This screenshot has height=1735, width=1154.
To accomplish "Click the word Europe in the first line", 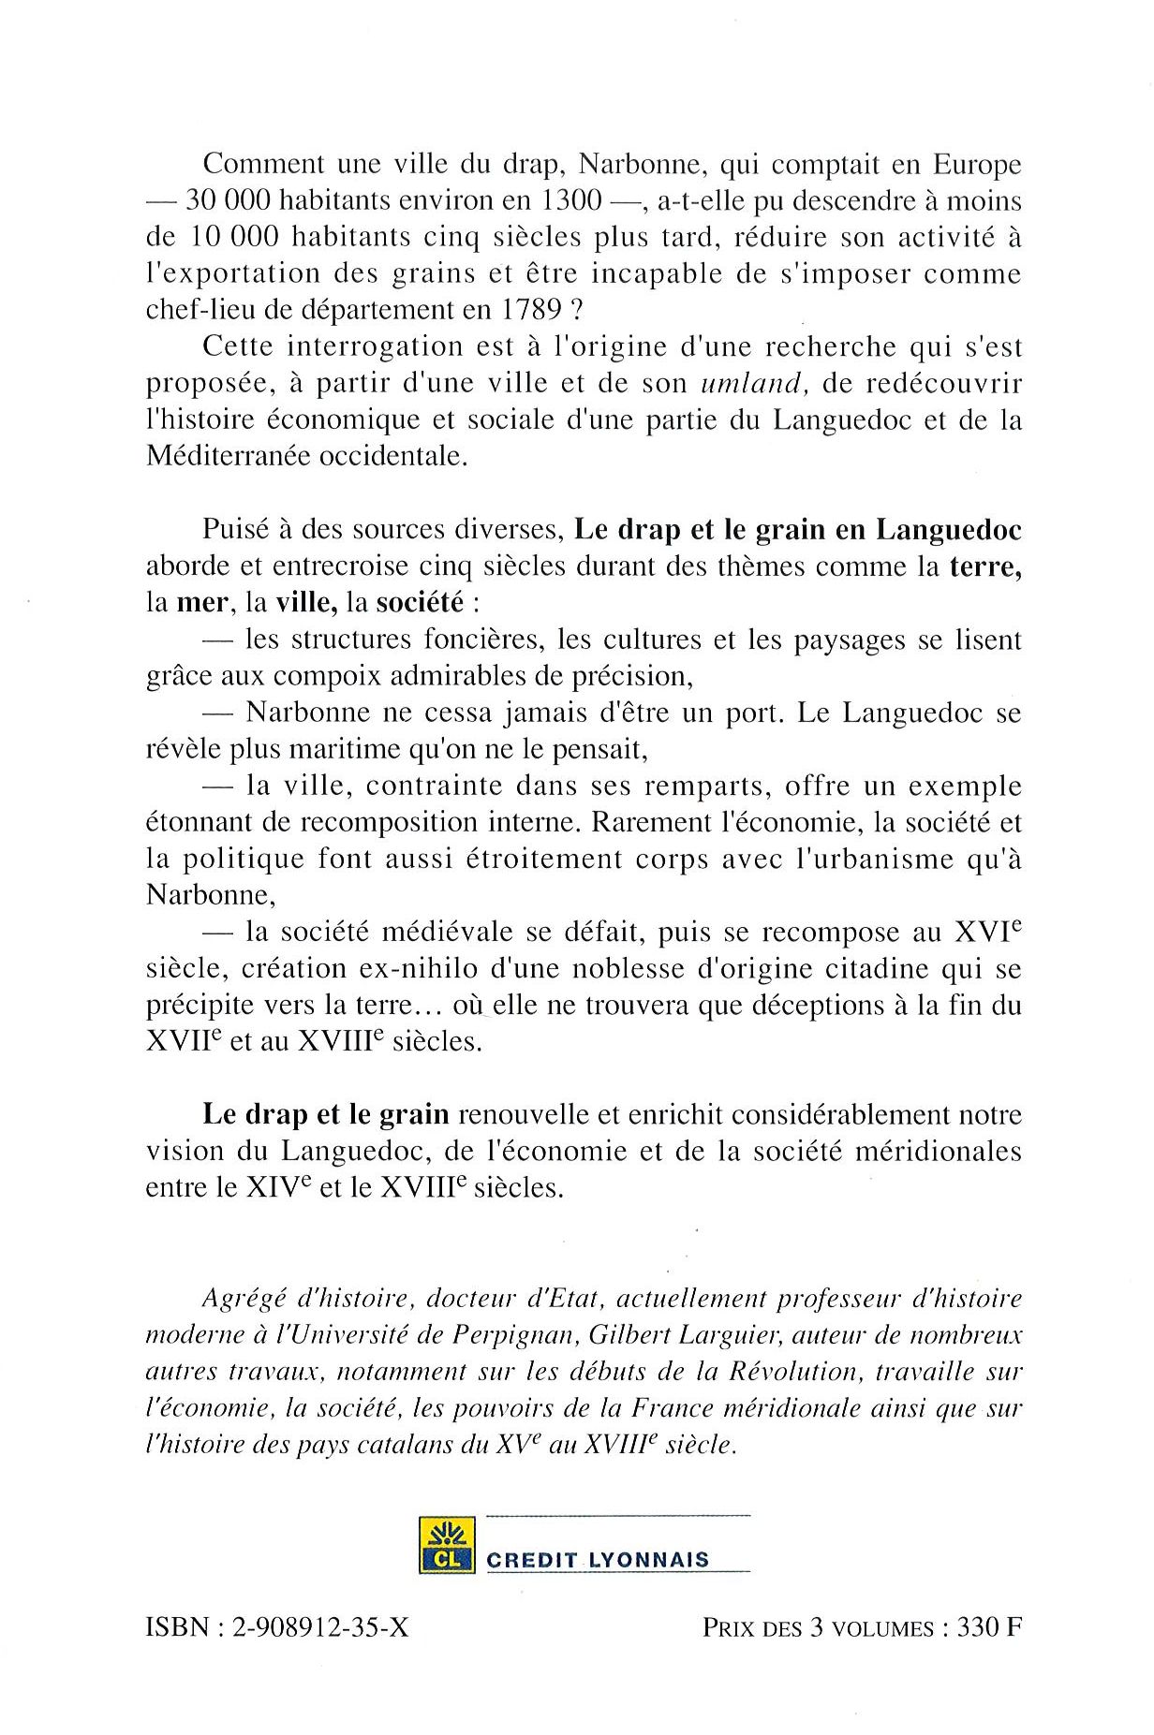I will tap(977, 164).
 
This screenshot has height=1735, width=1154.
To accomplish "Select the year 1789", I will tap(525, 310).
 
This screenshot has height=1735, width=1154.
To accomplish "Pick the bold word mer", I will tap(202, 602).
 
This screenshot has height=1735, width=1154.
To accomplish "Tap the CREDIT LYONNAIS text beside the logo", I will tap(598, 1560).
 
